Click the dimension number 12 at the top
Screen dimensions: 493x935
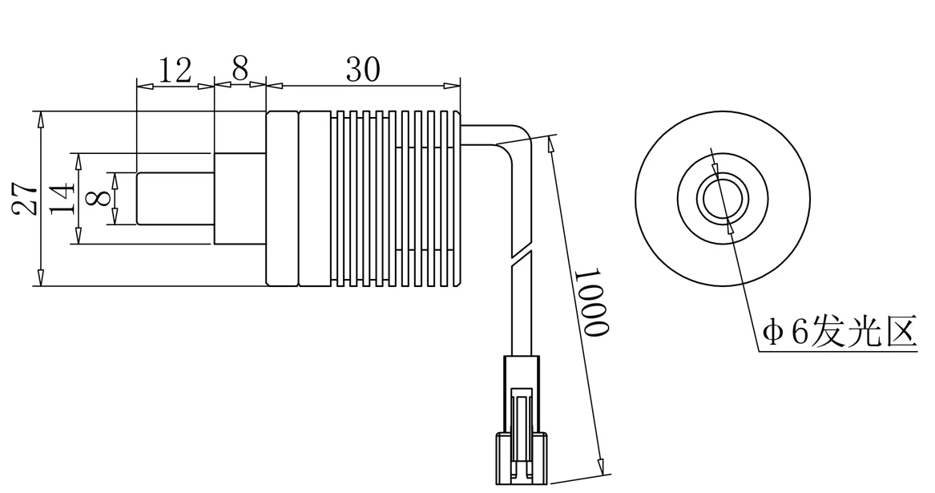[175, 71]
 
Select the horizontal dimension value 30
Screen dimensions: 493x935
[363, 70]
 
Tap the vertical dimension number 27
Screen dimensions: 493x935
[25, 198]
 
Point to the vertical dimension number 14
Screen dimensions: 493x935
[62, 198]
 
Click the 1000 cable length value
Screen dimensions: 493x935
[594, 302]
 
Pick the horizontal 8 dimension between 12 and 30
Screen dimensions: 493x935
[240, 70]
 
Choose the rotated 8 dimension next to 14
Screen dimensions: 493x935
[99, 198]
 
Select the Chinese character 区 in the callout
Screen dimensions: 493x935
[901, 331]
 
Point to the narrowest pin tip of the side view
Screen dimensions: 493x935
[175, 198]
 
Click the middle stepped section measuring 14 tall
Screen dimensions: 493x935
[240, 198]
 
